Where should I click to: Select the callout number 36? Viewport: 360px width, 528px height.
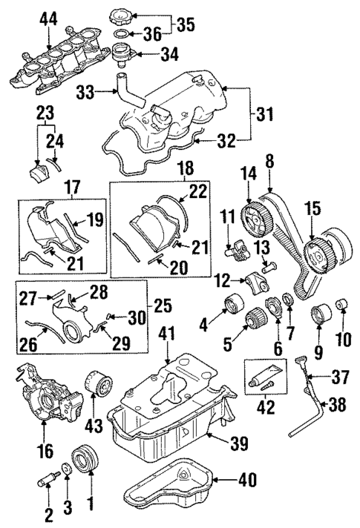pyautogui.click(x=154, y=33)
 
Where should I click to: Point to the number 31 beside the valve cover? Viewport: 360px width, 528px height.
pyautogui.click(x=265, y=116)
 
